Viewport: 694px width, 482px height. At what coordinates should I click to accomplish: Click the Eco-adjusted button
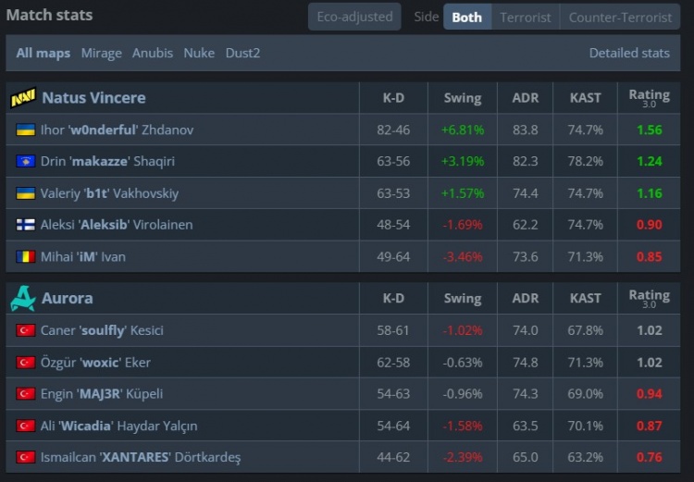(x=354, y=17)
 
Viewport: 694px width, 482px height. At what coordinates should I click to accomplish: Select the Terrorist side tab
(x=525, y=17)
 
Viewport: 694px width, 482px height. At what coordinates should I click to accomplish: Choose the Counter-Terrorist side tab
(x=620, y=17)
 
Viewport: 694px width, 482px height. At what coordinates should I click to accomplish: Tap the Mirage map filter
(x=101, y=53)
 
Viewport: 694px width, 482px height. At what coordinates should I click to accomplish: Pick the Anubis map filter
(x=153, y=53)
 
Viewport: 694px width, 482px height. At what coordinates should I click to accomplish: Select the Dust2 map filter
(x=242, y=53)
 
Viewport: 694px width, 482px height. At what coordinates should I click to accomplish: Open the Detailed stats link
(x=629, y=53)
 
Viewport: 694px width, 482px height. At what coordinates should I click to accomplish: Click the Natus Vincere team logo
(x=23, y=97)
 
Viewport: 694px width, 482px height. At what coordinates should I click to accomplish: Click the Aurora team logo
(x=23, y=298)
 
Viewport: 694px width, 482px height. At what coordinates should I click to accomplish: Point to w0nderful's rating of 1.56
(x=650, y=130)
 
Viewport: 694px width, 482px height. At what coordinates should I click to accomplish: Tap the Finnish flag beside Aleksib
(x=26, y=225)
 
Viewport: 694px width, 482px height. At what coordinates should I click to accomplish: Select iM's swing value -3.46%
(x=463, y=256)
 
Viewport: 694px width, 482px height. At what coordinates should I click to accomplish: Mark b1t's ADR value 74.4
(x=525, y=193)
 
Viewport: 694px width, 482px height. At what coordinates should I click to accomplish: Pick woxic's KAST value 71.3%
(x=586, y=362)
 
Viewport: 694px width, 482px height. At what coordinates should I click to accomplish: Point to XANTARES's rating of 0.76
(x=650, y=457)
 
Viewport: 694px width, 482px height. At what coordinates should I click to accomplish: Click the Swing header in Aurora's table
(x=463, y=298)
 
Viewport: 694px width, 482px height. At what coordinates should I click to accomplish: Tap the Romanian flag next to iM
(x=26, y=256)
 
